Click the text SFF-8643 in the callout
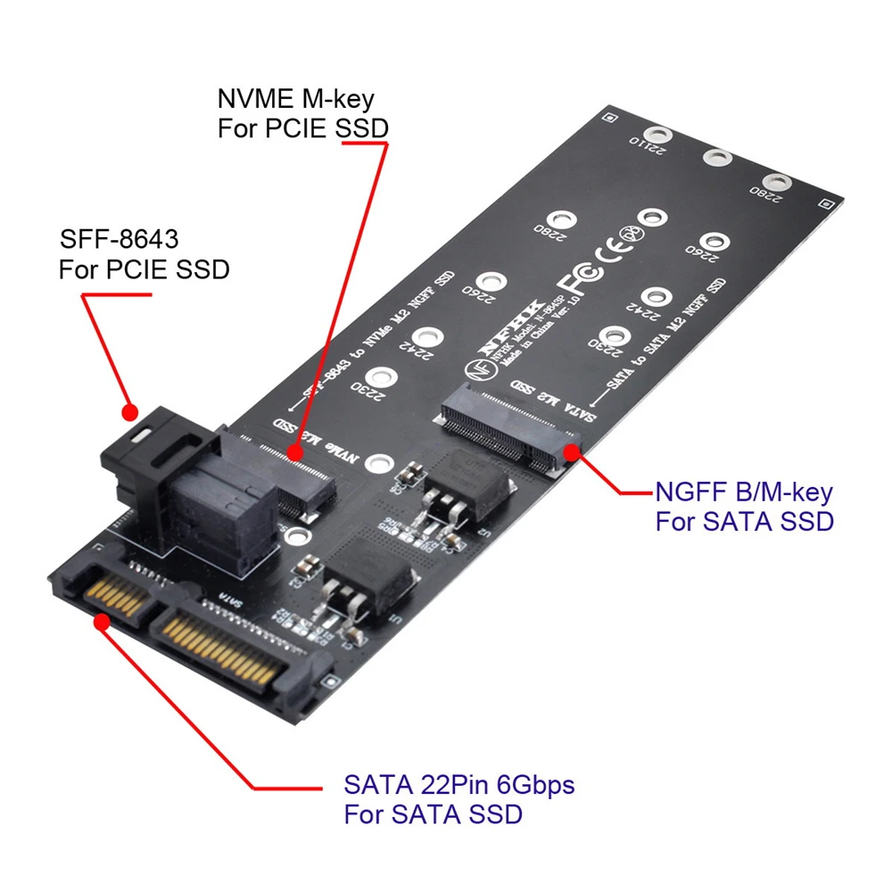point(119,240)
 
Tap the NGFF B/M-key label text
point(743,491)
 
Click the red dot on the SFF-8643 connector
point(129,412)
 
